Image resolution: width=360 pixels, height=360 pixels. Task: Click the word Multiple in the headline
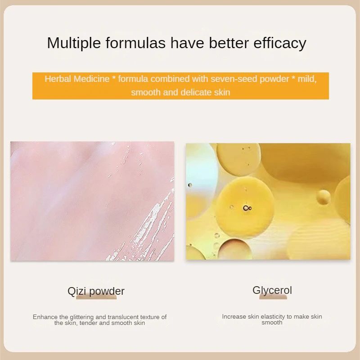click(74, 43)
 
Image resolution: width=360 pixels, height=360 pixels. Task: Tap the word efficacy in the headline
click(279, 43)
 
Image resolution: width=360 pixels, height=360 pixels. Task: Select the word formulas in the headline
click(135, 43)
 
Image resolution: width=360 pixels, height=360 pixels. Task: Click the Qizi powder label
click(96, 291)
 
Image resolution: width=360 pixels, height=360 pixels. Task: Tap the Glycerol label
click(272, 290)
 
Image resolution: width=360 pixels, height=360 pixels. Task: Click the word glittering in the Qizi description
click(81, 317)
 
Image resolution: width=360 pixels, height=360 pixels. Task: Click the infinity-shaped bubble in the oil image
click(247, 208)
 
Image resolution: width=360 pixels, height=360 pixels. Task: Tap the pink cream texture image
click(92, 201)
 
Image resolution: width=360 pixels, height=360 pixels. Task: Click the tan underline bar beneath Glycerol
click(273, 297)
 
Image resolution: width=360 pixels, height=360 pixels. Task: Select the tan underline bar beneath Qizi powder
click(96, 297)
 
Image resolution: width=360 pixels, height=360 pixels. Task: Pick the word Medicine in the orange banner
click(91, 79)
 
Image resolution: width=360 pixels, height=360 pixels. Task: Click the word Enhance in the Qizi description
click(45, 317)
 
